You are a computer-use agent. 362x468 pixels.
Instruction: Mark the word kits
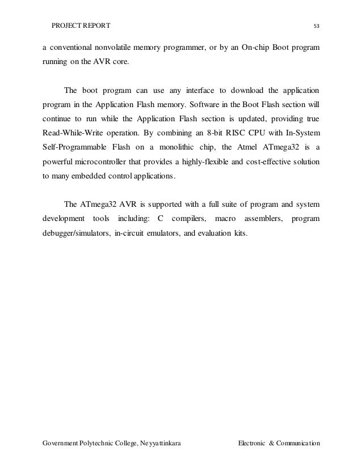(x=241, y=233)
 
